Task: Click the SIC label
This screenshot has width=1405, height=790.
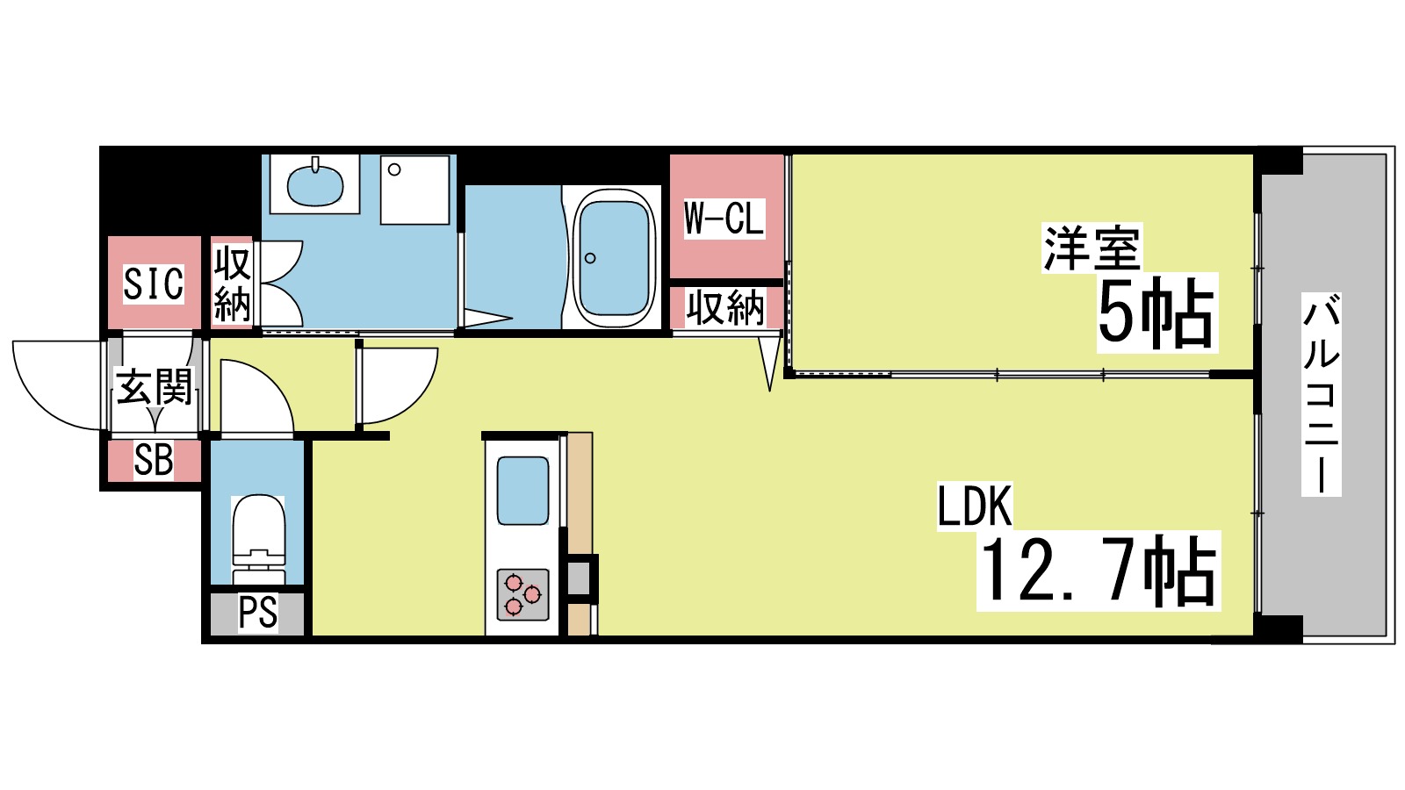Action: pos(154,284)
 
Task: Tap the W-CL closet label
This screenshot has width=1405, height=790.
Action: pos(724,218)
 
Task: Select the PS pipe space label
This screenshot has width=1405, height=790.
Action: pos(257,613)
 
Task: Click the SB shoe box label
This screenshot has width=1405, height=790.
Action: pos(154,461)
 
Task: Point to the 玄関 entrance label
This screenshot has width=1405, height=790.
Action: pos(155,387)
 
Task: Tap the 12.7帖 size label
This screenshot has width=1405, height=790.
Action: pos(1098,571)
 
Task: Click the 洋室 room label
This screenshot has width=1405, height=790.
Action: pos(1092,248)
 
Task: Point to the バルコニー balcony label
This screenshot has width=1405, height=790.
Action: pos(1321,395)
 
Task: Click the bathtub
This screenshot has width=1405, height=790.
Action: pos(614,257)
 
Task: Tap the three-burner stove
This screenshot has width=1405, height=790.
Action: pos(523,594)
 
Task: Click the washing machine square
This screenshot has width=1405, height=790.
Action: pos(414,190)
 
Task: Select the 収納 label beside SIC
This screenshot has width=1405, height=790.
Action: pos(233,284)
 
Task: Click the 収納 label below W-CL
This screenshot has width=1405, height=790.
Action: pos(725,308)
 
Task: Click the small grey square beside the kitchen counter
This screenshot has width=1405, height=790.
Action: pos(579,578)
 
